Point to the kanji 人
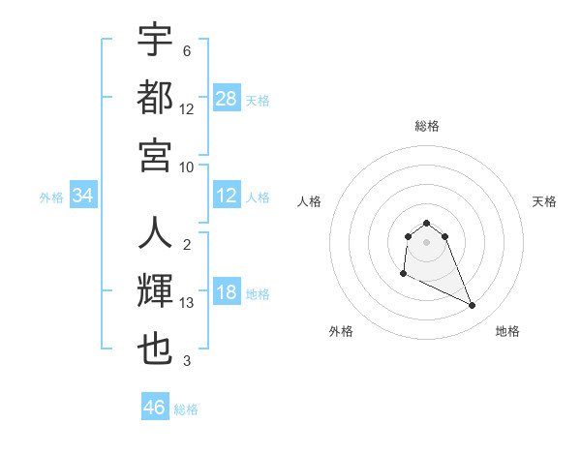click(155, 235)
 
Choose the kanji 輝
click(155, 291)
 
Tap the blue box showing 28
click(227, 98)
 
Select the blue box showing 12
click(227, 197)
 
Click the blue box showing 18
click(227, 293)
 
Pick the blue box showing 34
click(83, 197)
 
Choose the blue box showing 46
click(155, 408)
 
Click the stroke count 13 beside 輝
click(187, 303)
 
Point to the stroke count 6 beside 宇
click(187, 51)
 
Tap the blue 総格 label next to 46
click(186, 409)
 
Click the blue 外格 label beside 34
click(51, 197)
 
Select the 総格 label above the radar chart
click(426, 126)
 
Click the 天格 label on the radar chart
click(544, 201)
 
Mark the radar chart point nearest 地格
click(473, 306)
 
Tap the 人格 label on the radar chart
click(309, 201)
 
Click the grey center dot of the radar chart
click(426, 242)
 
